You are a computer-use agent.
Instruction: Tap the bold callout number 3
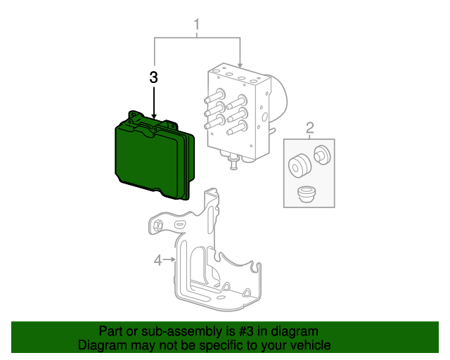[154, 77]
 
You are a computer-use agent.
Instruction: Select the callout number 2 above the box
[309, 127]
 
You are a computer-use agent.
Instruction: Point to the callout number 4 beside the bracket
[158, 261]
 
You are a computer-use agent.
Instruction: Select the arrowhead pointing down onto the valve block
[240, 64]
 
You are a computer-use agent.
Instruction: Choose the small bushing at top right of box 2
[322, 154]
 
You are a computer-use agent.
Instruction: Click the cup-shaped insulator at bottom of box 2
[306, 193]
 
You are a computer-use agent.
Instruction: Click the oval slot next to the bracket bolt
[178, 224]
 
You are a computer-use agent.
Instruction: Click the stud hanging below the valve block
[232, 165]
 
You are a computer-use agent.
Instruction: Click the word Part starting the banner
[111, 331]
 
